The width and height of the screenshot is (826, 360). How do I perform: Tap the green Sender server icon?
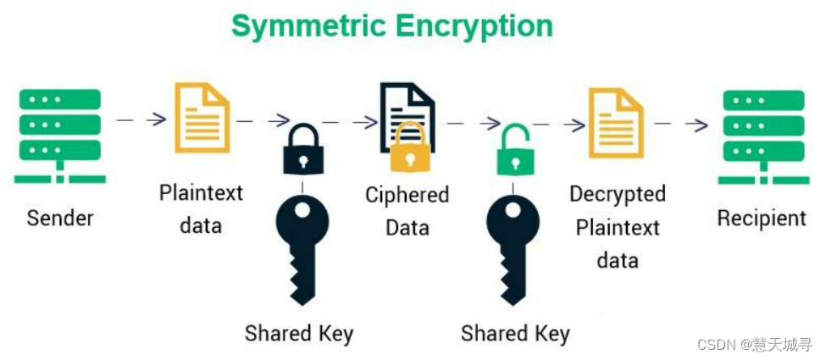pyautogui.click(x=60, y=136)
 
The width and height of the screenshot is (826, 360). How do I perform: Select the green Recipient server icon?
pyautogui.click(x=762, y=136)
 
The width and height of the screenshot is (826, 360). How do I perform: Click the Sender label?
pyautogui.click(x=60, y=218)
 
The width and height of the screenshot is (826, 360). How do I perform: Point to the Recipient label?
pyautogui.click(x=762, y=218)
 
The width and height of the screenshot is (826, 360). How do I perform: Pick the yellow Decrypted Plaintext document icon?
pyautogui.click(x=617, y=122)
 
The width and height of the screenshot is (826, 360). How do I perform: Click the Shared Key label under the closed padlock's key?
pyautogui.click(x=298, y=333)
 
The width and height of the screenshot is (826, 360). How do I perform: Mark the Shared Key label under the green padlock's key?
pyautogui.click(x=515, y=333)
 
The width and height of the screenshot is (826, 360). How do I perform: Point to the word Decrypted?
pyautogui.click(x=617, y=194)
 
